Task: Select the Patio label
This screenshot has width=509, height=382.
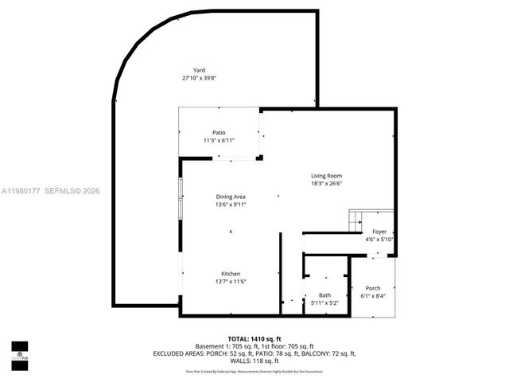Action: click(x=219, y=132)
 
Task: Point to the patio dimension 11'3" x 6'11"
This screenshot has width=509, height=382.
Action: click(x=219, y=140)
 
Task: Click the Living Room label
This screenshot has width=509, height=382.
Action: click(x=326, y=175)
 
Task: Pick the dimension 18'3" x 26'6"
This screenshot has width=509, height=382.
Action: click(x=326, y=183)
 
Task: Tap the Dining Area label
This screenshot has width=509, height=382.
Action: click(x=231, y=197)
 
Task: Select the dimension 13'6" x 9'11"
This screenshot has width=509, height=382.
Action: click(x=231, y=205)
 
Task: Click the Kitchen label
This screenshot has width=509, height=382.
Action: click(x=231, y=274)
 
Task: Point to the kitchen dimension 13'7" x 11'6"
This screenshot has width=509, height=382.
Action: click(x=231, y=282)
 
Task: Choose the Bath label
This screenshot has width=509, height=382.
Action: click(x=324, y=295)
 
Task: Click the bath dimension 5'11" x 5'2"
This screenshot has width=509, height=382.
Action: click(x=324, y=303)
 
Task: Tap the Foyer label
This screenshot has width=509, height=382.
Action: click(x=379, y=232)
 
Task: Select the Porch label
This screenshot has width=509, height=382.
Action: click(x=373, y=288)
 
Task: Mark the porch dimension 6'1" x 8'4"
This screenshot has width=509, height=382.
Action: click(x=373, y=296)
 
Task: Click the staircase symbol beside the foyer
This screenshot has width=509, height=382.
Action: click(x=359, y=220)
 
